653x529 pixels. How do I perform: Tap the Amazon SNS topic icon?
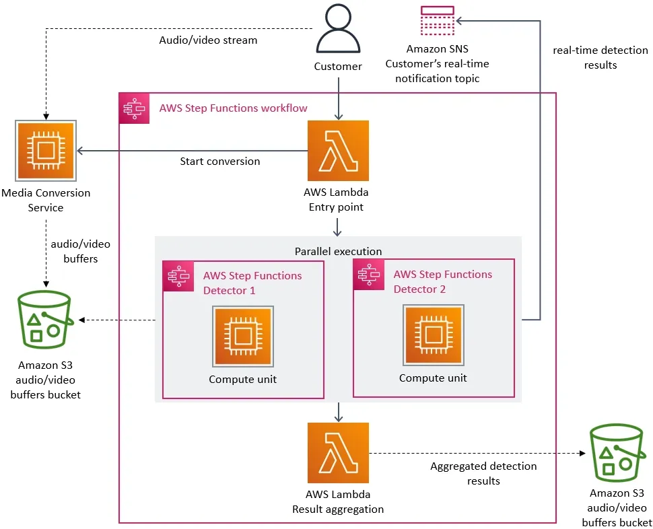437,20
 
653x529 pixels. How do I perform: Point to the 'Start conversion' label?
219,162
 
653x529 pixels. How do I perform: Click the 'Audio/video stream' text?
208,40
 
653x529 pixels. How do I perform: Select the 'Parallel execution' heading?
338,251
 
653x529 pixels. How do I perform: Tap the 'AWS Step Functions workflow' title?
233,108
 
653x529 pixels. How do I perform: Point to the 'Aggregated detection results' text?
483,473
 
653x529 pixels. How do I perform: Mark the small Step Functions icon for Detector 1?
178,276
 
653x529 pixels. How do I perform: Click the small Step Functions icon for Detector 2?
368,275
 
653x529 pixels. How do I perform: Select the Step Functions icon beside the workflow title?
135,108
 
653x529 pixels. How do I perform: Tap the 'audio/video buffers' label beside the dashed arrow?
81,251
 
